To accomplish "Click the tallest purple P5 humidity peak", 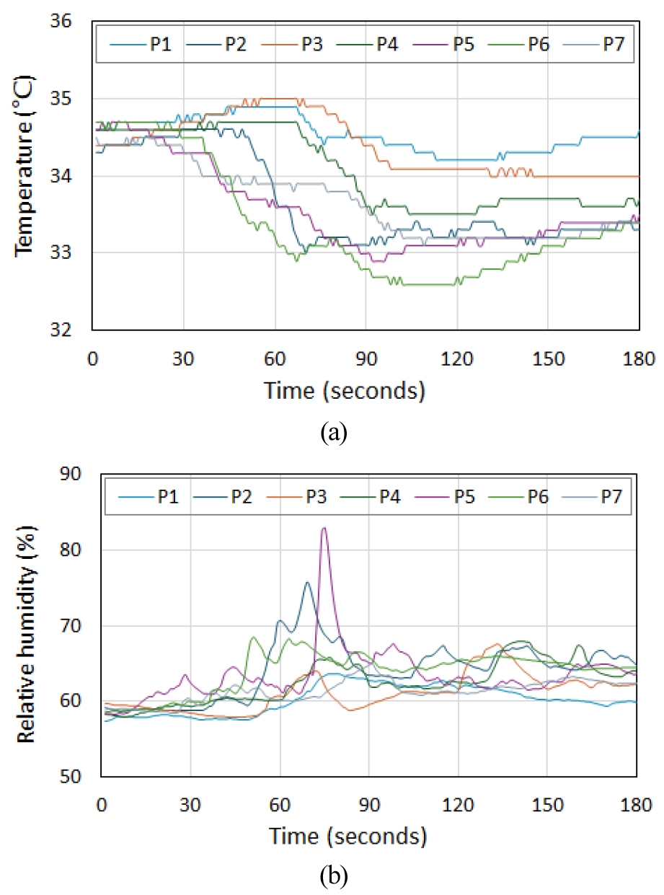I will pos(324,529).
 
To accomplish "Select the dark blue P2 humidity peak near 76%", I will pos(307,583).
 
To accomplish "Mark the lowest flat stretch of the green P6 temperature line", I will pos(433,285).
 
